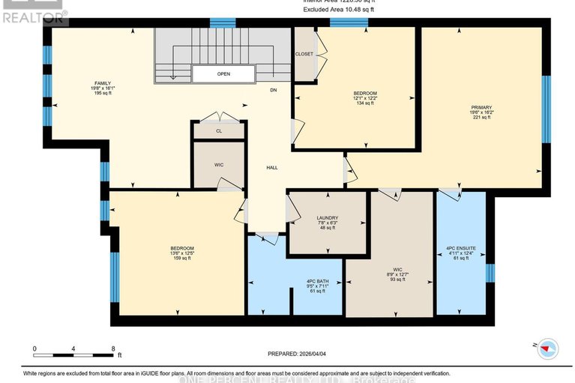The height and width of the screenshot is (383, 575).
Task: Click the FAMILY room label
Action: coord(102,82)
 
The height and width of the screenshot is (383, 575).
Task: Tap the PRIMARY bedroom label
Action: coord(481,107)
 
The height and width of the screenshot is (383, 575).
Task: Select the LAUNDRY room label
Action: coord(327,217)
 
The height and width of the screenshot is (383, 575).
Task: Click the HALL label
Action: coord(272,167)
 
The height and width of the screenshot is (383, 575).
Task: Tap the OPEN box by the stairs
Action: coord(223,74)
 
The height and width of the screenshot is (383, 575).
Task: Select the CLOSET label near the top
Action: coord(304,54)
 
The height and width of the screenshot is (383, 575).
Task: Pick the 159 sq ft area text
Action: coord(182,259)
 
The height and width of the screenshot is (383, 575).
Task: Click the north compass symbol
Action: coord(550,348)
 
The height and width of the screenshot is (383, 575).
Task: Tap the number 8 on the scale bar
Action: coord(112,349)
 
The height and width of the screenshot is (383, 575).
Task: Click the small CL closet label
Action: coord(219,130)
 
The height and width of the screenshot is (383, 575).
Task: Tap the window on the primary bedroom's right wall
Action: coord(546,108)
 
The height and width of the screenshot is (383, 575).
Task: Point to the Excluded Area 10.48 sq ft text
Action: coord(340,9)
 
